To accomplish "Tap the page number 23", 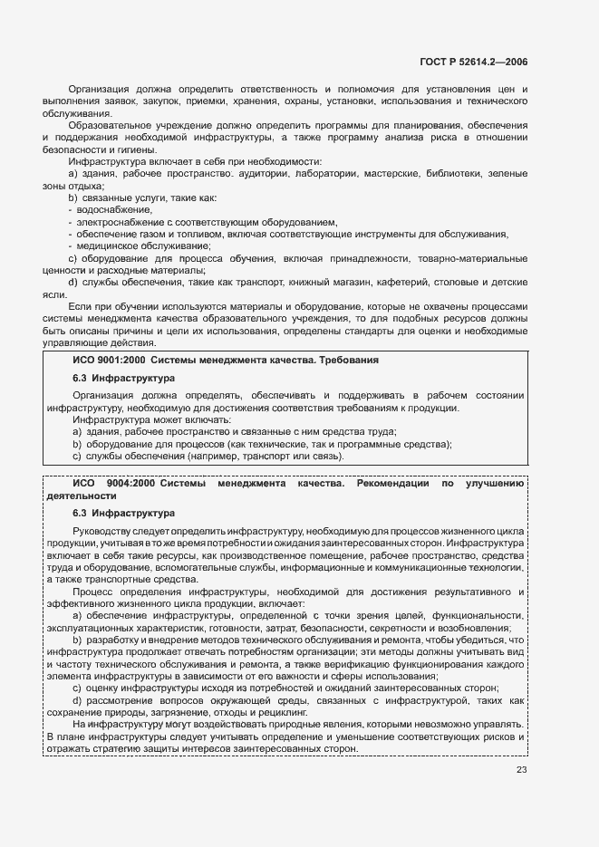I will (x=521, y=771).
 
